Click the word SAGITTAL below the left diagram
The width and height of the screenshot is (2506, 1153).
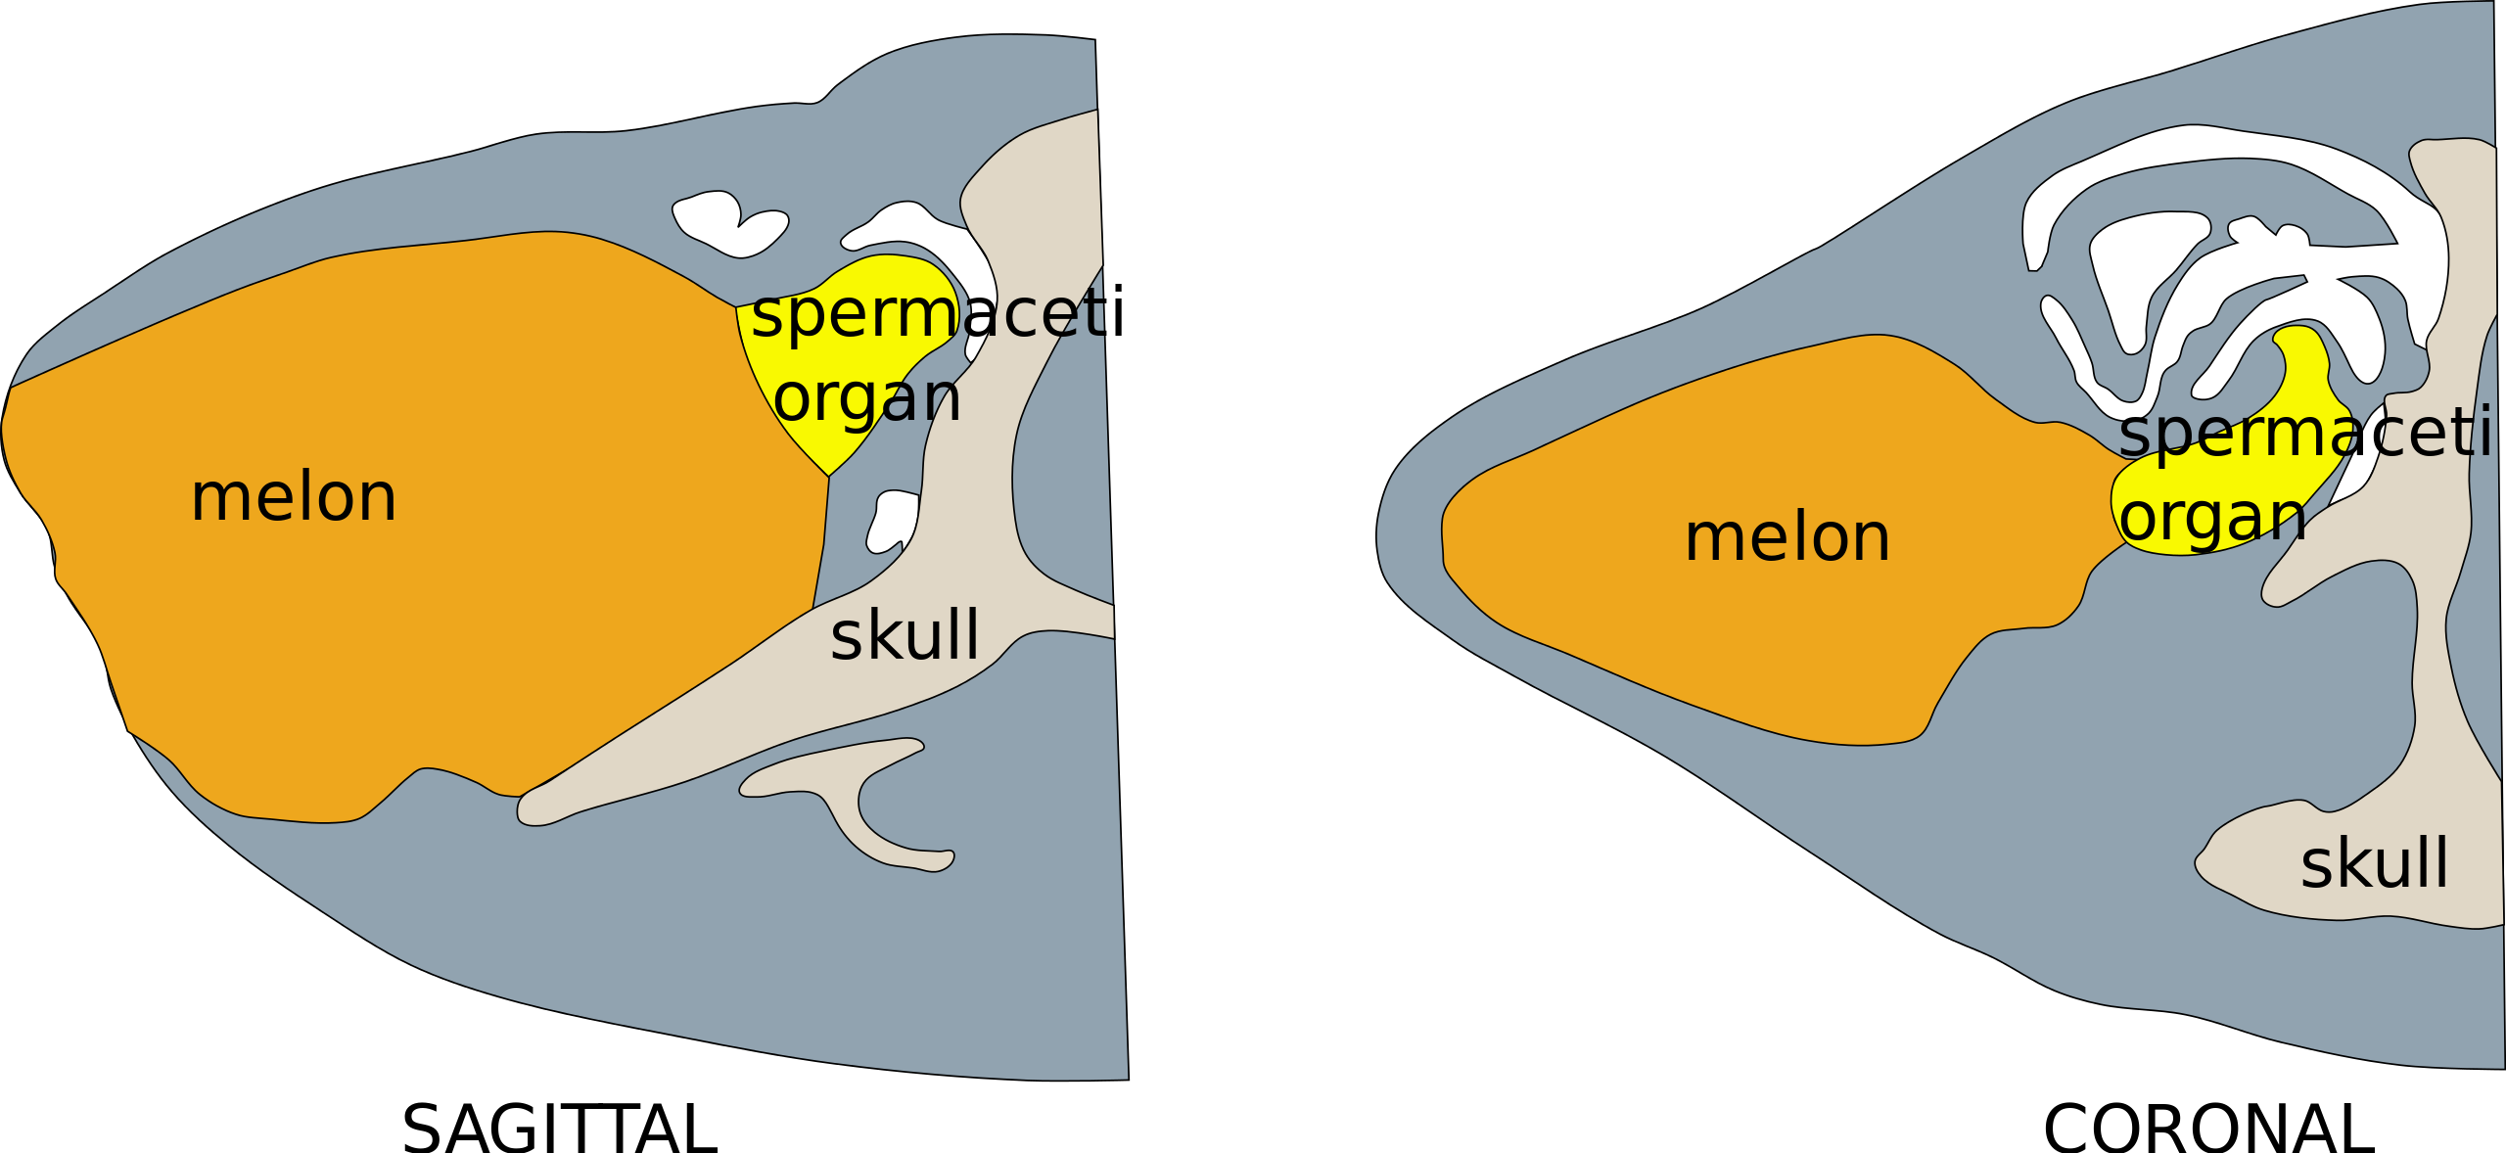(559, 1129)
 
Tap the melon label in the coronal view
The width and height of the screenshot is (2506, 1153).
(1787, 537)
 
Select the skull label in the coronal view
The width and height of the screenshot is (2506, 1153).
(2375, 862)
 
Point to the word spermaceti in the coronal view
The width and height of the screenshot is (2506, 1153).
(2304, 434)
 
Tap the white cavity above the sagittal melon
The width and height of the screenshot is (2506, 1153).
(729, 223)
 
